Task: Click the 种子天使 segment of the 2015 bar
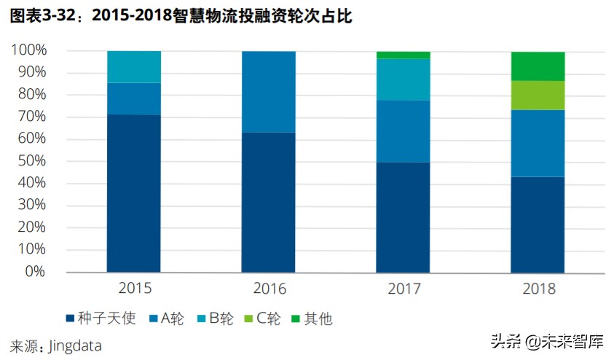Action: tap(134, 193)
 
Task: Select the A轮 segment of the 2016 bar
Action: tap(269, 92)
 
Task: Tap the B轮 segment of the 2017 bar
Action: tap(403, 79)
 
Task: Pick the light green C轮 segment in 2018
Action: tap(538, 95)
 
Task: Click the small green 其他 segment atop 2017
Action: tap(403, 55)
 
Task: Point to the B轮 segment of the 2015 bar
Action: tap(134, 67)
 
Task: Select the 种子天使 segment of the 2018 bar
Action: tap(538, 224)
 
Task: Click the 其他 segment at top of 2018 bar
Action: tap(538, 66)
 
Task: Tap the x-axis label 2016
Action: tap(269, 289)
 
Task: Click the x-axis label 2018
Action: tap(538, 289)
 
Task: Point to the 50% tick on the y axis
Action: tap(31, 160)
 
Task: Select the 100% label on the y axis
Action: tap(28, 50)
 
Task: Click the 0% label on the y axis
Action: tap(34, 271)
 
